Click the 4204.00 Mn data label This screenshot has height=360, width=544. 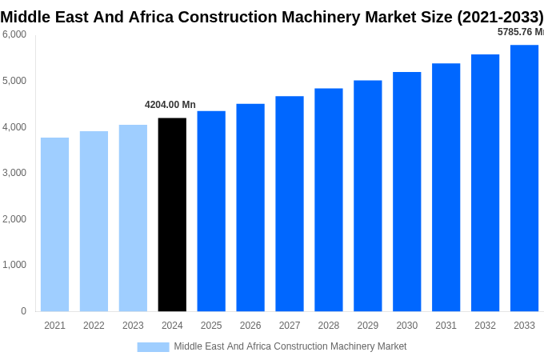170,105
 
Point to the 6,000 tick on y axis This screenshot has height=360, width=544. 14,34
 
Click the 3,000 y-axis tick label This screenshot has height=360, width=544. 14,173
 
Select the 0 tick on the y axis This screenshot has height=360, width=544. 23,311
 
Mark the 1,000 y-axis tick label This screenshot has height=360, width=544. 14,265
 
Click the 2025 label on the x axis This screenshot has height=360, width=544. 211,326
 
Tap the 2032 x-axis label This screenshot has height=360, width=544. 485,326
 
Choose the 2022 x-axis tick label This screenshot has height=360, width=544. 94,326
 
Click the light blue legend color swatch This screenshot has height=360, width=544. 153,346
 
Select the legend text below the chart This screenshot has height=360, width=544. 290,346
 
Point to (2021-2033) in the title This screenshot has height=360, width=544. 500,17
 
